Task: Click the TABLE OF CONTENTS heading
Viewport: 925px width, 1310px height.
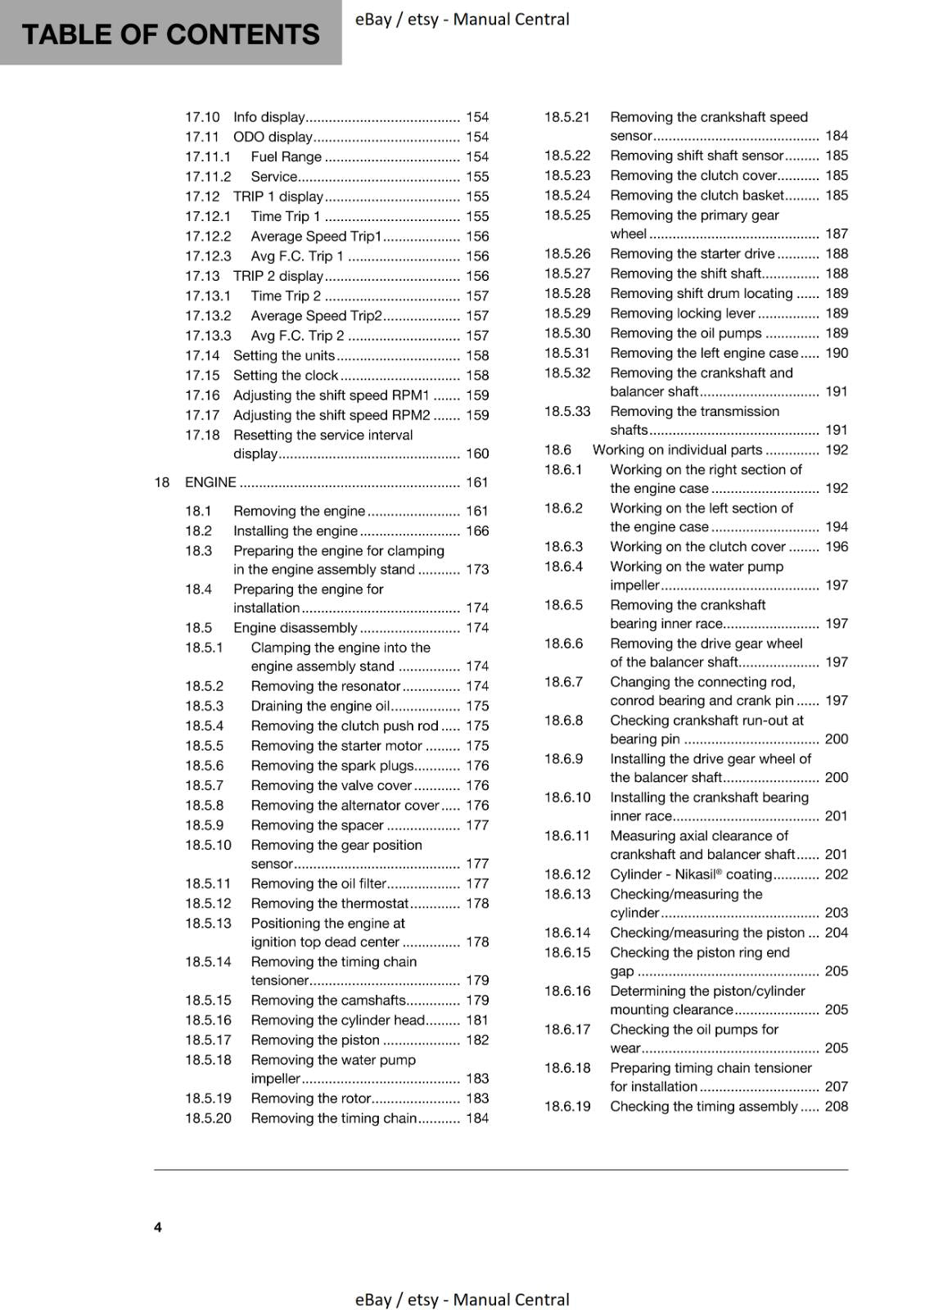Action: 170,34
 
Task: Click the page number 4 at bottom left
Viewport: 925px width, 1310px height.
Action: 158,1226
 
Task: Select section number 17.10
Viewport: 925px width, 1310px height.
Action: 202,117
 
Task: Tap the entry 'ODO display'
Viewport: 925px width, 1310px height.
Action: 273,137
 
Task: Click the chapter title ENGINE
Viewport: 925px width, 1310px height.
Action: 210,482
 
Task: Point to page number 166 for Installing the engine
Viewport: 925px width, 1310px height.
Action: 477,531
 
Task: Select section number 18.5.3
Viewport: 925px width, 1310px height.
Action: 204,706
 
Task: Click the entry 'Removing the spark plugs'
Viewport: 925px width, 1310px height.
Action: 332,766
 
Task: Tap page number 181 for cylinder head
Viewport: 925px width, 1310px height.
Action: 477,1020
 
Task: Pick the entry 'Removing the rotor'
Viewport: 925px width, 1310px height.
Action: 311,1098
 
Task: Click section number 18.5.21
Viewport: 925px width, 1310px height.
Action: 567,117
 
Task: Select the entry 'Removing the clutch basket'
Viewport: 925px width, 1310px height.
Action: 697,195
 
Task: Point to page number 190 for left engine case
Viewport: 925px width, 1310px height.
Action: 837,353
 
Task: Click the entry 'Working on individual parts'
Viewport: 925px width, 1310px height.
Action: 677,449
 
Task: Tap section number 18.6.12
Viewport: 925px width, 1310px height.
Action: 567,874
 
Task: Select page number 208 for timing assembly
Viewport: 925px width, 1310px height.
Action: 837,1106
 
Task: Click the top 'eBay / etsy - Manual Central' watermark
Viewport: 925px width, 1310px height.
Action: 462,19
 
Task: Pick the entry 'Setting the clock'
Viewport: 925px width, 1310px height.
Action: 285,375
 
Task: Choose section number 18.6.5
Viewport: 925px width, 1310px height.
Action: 564,605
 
